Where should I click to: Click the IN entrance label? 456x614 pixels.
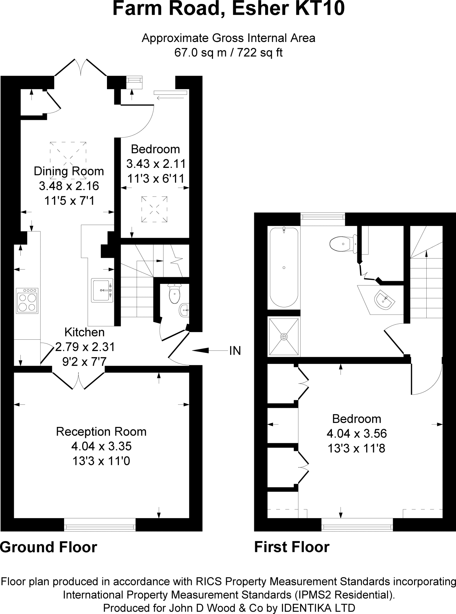(x=235, y=350)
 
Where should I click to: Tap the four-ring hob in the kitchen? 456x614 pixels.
(x=27, y=301)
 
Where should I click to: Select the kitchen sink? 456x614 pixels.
(x=102, y=290)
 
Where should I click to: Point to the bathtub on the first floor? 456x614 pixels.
(x=284, y=267)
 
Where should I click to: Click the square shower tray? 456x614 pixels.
(x=284, y=336)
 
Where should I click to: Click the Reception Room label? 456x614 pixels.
(x=101, y=432)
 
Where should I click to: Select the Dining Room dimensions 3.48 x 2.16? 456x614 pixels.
(x=69, y=186)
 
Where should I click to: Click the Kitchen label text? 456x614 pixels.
(x=84, y=332)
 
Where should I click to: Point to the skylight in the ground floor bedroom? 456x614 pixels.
(x=154, y=209)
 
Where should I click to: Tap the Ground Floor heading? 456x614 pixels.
(x=49, y=547)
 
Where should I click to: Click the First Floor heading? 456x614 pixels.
(x=292, y=547)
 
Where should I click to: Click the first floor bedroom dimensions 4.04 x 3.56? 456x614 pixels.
(x=357, y=434)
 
